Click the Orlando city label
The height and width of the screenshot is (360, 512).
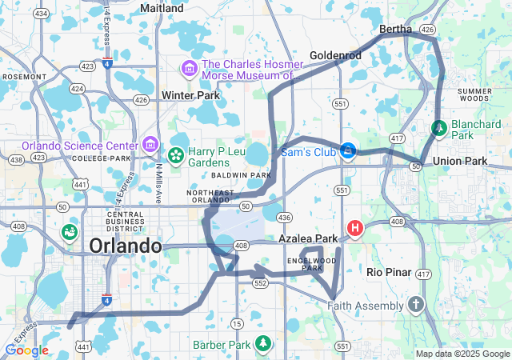126,246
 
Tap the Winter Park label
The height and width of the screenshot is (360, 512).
190,95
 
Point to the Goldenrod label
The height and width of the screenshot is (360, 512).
336,56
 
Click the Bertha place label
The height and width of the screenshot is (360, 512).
395,29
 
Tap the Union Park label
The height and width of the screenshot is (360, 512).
460,162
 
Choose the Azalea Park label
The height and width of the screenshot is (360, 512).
308,239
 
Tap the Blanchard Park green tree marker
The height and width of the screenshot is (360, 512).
439,128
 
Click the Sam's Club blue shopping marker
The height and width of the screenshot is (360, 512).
348,151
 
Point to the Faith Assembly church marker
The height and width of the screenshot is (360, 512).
414,305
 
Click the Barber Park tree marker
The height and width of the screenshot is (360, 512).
262,344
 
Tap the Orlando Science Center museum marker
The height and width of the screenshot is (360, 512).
150,145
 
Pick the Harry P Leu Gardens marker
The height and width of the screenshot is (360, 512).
175,154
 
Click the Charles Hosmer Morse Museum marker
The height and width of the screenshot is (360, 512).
190,68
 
